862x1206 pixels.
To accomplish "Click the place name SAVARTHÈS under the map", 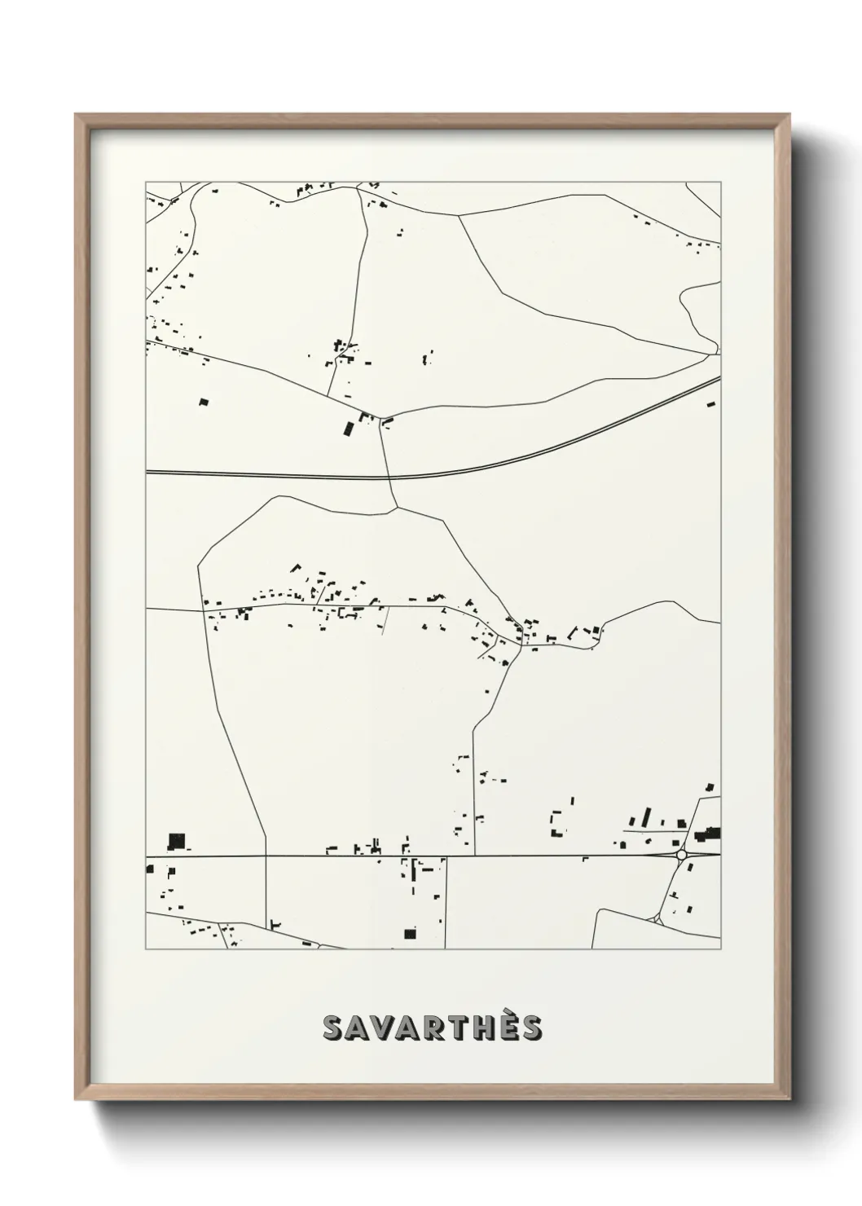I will point(432,1028).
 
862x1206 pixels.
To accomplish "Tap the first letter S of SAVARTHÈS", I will point(333,1028).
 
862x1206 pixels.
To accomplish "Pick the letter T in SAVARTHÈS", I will point(455,1028).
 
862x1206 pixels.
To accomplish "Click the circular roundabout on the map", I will point(681,855).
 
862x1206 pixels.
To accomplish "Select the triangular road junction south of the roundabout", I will point(657,918).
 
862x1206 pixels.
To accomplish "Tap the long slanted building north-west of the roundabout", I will point(648,817).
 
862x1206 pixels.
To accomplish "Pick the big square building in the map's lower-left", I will point(176,841).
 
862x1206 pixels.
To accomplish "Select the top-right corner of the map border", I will point(720,182).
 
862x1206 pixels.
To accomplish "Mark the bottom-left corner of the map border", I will point(146,949).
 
